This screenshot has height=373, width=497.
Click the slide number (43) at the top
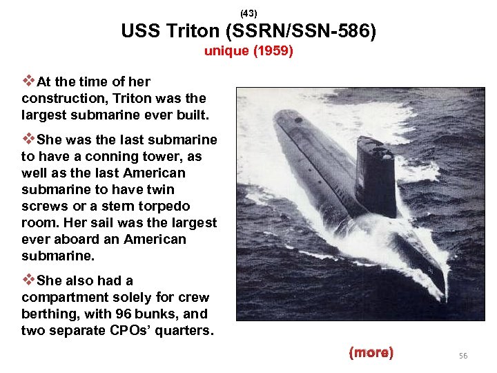[x=248, y=13]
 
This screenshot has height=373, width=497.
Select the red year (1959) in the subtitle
[x=273, y=51]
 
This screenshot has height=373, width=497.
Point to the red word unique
[x=226, y=51]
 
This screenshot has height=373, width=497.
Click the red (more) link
[x=371, y=353]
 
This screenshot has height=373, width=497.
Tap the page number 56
[x=462, y=355]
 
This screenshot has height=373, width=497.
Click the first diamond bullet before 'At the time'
[x=28, y=81]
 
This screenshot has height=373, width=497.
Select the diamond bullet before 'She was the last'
[x=28, y=140]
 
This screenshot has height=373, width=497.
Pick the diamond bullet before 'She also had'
[x=28, y=280]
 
